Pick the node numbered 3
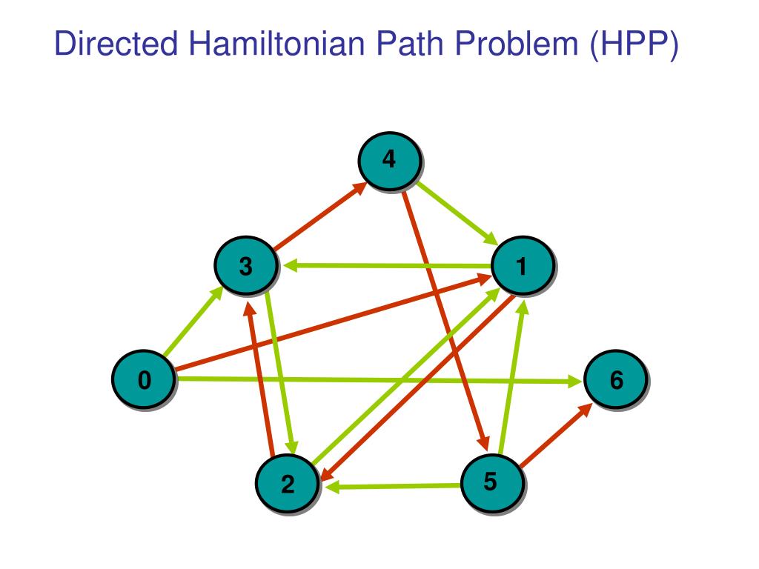pos(246,266)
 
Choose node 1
pos(522,266)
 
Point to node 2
pos(288,485)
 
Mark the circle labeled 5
pos(491,482)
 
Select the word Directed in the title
pos(117,46)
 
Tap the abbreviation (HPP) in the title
pos(634,46)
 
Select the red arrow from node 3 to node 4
pos(319,216)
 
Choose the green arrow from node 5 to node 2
pos(393,486)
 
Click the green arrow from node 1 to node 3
pos(385,265)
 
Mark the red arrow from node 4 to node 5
pos(445,319)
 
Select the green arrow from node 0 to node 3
pos(193,322)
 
